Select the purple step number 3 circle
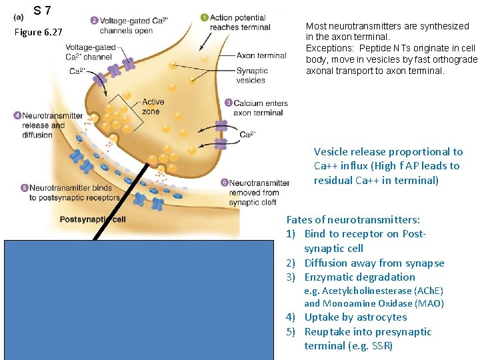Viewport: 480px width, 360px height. pyautogui.click(x=228, y=103)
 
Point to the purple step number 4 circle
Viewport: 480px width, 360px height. pyautogui.click(x=17, y=115)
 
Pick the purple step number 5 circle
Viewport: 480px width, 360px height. pyautogui.click(x=24, y=188)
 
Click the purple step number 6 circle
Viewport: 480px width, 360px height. pyautogui.click(x=224, y=182)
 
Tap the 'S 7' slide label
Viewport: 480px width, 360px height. pyautogui.click(x=43, y=11)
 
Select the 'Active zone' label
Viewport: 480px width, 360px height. pyautogui.click(x=153, y=107)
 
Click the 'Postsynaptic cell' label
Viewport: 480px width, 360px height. pyautogui.click(x=93, y=219)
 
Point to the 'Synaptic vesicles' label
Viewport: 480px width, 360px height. pyautogui.click(x=251, y=75)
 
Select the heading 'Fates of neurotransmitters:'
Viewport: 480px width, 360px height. pyautogui.click(x=353, y=219)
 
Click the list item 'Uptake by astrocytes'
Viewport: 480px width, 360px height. pyautogui.click(x=355, y=317)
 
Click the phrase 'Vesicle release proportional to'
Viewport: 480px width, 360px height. pyautogui.click(x=388, y=152)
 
